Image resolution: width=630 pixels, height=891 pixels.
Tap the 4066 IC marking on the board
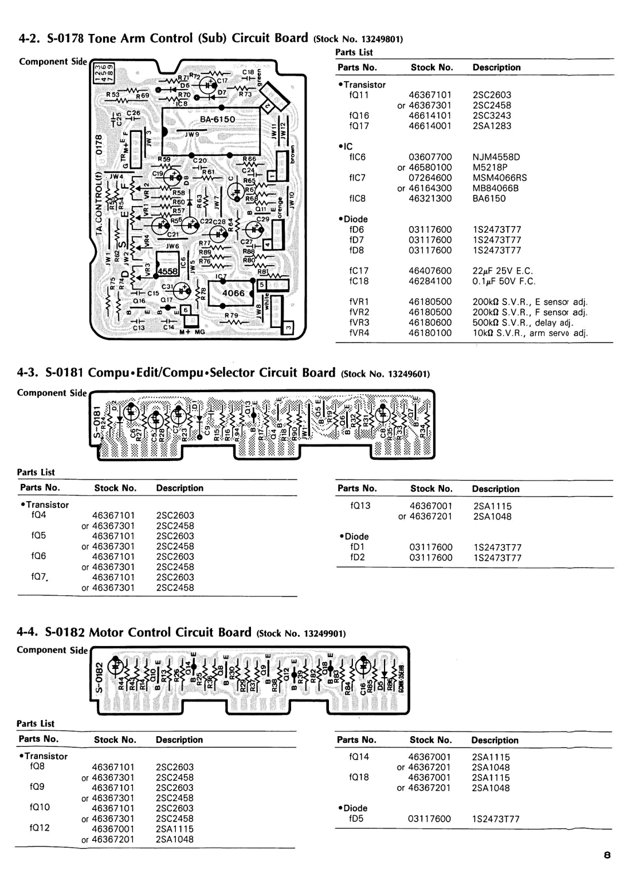click(233, 293)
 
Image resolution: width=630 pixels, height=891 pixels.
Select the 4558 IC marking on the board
click(168, 271)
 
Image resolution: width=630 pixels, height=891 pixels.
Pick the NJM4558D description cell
click(496, 157)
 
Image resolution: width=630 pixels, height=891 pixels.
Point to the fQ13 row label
click(360, 506)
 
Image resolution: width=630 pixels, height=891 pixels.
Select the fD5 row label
click(356, 819)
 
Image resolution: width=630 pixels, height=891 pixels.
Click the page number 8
click(607, 855)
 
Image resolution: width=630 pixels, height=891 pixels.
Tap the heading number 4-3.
click(27, 373)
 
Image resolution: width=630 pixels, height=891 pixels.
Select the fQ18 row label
click(359, 777)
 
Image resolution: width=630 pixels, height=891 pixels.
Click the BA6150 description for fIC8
click(489, 198)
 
